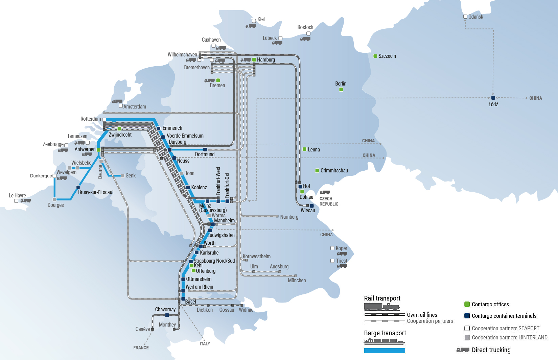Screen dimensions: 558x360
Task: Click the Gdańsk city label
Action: (475, 17)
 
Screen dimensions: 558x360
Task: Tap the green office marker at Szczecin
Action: (375, 56)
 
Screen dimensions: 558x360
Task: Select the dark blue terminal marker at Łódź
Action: (493, 98)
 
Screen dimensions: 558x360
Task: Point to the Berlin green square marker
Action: (341, 89)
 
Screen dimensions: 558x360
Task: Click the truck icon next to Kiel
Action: (251, 26)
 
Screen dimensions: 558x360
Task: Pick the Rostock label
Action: (305, 27)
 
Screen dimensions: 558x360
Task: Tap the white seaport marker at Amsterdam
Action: (121, 106)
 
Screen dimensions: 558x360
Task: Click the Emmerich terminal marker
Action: (158, 128)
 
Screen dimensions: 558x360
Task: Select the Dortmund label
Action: (205, 154)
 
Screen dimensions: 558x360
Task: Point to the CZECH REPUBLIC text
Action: (329, 201)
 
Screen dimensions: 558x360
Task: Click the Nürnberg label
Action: (289, 217)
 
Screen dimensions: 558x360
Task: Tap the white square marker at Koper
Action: (332, 248)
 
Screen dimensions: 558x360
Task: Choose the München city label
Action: (297, 280)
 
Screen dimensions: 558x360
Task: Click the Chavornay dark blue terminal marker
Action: (167, 315)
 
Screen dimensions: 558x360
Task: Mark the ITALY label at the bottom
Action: (205, 343)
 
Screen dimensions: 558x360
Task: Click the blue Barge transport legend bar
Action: (385, 351)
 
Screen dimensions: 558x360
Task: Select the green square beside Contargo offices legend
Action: (467, 304)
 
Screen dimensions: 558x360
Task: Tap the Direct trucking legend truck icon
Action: (463, 350)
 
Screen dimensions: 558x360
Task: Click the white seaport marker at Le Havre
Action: (17, 201)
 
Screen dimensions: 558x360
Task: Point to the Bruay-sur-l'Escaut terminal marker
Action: (78, 187)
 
